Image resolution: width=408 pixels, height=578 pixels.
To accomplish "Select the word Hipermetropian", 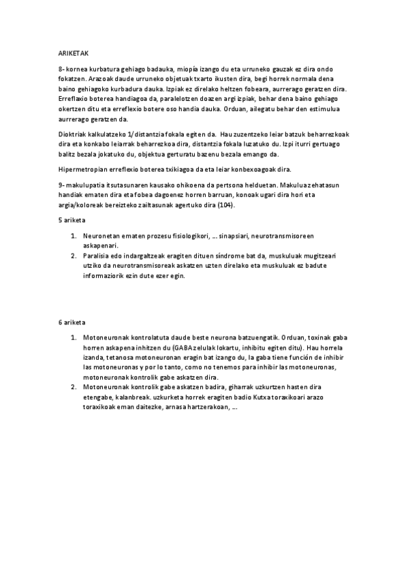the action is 80,169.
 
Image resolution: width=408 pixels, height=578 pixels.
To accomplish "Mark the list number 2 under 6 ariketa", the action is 74,386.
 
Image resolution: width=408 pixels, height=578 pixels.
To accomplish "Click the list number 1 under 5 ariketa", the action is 74,236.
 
